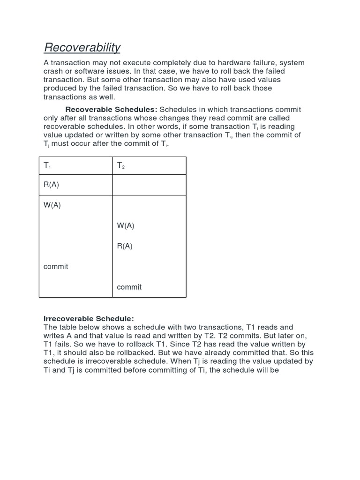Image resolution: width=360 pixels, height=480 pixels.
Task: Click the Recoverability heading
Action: pyautogui.click(x=82, y=47)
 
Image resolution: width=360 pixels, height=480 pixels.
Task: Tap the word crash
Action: pyautogui.click(x=54, y=71)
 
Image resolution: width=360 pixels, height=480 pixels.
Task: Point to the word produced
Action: pyautogui.click(x=61, y=88)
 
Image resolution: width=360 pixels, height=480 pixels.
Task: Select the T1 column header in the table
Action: pyautogui.click(x=47, y=166)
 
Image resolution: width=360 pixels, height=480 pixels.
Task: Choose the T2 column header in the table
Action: pyautogui.click(x=121, y=166)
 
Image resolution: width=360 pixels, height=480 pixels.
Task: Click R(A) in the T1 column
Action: pyautogui.click(x=51, y=185)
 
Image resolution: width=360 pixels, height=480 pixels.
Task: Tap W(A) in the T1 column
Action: pyautogui.click(x=52, y=205)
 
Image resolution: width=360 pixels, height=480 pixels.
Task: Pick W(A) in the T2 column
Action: pyautogui.click(x=126, y=225)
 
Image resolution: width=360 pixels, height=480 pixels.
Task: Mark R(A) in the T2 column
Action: pyautogui.click(x=125, y=246)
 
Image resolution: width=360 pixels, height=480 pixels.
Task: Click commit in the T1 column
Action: pyautogui.click(x=56, y=267)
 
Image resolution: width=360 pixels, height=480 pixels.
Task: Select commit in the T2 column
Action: pyautogui.click(x=129, y=287)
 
